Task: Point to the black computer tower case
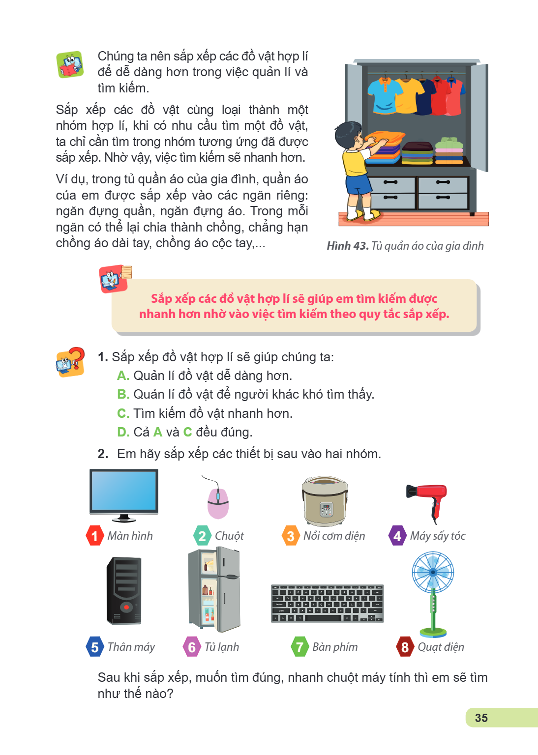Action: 124,591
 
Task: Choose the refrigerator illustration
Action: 214,589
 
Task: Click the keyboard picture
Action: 327,603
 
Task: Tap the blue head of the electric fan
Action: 433,572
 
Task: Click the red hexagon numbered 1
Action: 95,536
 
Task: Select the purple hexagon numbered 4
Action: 398,536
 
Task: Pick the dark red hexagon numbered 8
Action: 405,647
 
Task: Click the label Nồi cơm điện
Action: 334,536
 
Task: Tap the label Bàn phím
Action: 335,647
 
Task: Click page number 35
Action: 481,718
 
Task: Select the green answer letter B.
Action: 123,394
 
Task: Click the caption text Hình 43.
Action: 348,246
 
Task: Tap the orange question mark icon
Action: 70,362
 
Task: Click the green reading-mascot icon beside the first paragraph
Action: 70,65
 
